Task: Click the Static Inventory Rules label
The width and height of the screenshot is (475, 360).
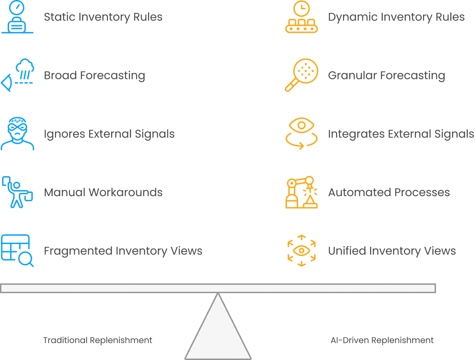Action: coord(103,17)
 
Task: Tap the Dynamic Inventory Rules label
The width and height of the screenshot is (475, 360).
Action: coord(396,17)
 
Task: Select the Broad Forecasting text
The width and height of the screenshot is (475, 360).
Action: coord(94,76)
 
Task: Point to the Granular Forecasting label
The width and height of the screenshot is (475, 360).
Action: coord(387,76)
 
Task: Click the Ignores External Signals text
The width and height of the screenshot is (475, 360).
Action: coord(109,134)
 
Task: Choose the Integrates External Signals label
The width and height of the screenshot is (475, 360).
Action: coord(401,134)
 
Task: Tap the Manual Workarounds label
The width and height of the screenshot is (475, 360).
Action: coord(103,192)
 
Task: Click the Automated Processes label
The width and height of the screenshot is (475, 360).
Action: coord(389,192)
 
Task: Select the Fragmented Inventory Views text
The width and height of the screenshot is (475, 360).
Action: coord(123,251)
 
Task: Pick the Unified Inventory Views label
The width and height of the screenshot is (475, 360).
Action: coord(392,251)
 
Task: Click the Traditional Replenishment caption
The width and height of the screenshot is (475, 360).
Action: coord(98,340)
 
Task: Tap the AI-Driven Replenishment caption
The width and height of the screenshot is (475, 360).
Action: coord(382,340)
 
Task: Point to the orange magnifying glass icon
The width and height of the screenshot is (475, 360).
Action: coord(302,75)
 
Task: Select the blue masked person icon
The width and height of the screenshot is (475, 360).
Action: coord(17,134)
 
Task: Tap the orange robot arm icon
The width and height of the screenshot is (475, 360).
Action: coord(302,192)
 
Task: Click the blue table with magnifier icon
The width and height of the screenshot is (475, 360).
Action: coord(17,251)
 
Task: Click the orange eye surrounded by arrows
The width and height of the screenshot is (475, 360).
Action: coord(302,251)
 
